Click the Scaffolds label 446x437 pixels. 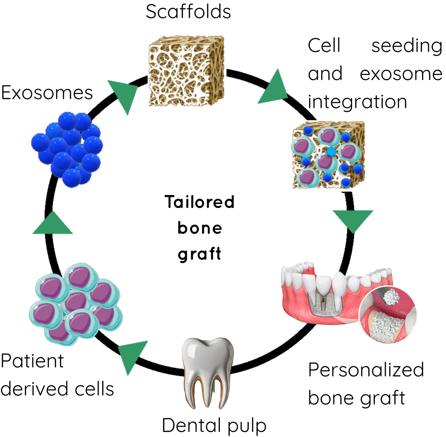pos(188,12)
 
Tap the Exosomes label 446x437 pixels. pos(47,93)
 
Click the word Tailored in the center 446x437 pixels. pos(199,202)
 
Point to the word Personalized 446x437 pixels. pos(366,370)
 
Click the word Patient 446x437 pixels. pos(32,361)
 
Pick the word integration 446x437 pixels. pos(357,102)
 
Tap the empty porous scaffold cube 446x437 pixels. pos(186,71)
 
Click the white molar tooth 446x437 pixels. pos(208,371)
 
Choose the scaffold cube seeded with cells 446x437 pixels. pos(328,155)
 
